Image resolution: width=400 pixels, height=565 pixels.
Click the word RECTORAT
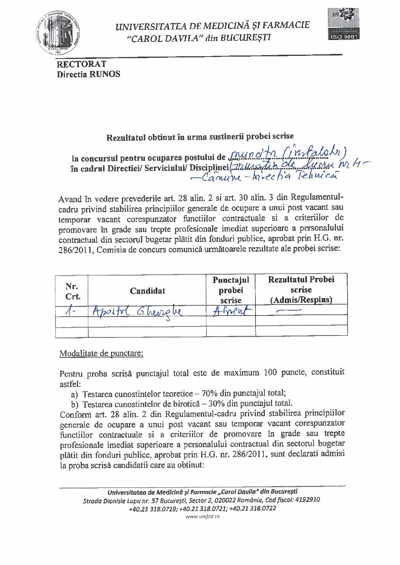(x=81, y=64)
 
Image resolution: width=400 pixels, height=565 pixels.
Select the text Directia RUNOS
(x=88, y=74)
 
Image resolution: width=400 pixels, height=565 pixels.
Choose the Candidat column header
(x=147, y=291)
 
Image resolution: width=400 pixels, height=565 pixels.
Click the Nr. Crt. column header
(x=71, y=291)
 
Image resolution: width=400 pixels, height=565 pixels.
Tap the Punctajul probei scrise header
(x=231, y=290)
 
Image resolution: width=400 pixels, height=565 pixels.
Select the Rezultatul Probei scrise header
(x=301, y=289)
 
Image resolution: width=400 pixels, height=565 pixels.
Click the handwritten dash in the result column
(x=288, y=311)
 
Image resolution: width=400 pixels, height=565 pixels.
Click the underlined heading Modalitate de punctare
(x=101, y=353)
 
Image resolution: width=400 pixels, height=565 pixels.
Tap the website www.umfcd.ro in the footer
(x=202, y=516)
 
